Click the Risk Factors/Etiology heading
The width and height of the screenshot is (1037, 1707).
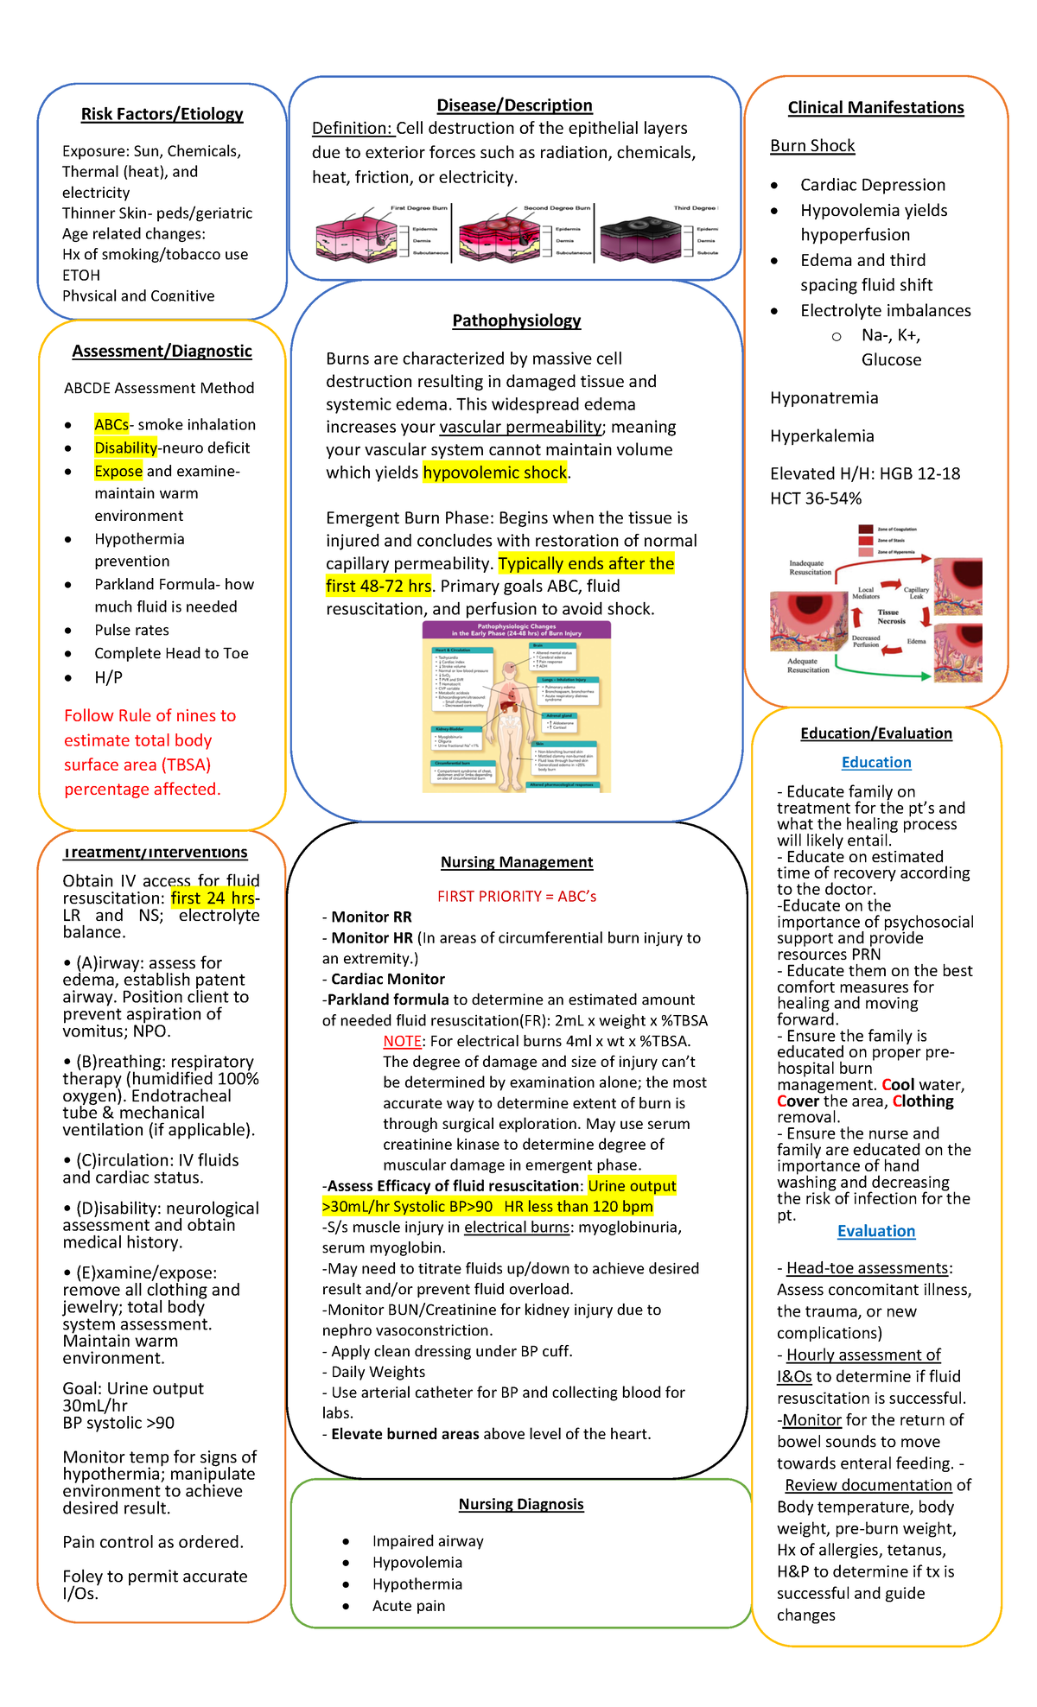[162, 114]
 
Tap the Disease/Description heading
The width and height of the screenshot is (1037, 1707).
[514, 105]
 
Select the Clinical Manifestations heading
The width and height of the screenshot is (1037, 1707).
[875, 108]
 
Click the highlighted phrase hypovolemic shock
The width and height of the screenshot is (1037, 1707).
[494, 473]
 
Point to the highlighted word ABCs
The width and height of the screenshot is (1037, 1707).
[111, 424]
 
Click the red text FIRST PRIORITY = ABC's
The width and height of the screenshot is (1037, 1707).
[517, 896]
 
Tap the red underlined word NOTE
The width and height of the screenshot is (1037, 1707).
[402, 1041]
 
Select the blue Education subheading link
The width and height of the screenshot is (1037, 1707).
[876, 762]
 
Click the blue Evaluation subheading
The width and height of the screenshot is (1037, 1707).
[876, 1231]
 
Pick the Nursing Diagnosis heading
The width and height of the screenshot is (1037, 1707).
[521, 1504]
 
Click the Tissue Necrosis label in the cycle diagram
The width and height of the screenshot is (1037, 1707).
[891, 616]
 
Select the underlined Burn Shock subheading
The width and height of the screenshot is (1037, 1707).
[812, 146]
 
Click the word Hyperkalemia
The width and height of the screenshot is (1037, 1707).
[822, 436]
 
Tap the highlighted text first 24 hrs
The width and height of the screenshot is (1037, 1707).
[213, 898]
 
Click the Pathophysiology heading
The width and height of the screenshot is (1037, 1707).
[517, 320]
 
